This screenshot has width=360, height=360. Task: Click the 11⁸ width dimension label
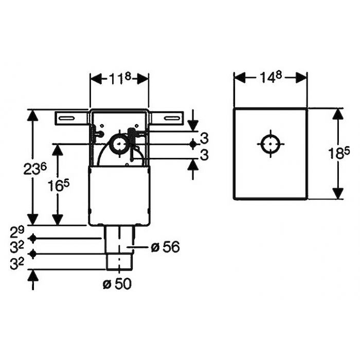(119, 79)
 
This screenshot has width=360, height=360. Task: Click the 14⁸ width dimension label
(271, 77)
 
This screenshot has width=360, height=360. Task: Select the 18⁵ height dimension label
(339, 153)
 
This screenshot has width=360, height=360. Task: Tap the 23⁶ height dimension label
(35, 169)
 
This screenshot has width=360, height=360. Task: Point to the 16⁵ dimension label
(58, 185)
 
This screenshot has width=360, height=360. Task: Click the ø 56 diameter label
(166, 247)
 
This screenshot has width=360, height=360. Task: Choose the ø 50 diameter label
(117, 284)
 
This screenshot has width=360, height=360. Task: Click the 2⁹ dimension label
(17, 232)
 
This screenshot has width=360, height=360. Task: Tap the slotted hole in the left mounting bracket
(67, 118)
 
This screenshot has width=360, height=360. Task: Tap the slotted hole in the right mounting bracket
(172, 118)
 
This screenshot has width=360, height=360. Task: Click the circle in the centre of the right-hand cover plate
(271, 144)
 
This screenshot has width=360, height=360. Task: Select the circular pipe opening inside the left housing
(119, 144)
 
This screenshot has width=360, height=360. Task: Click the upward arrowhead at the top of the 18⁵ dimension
(338, 114)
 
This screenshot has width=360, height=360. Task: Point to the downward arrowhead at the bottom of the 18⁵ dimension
(338, 193)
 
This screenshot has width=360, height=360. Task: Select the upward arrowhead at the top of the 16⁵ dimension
(58, 150)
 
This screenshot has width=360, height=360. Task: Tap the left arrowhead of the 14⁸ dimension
(240, 77)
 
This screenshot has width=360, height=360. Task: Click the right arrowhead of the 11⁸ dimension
(142, 79)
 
